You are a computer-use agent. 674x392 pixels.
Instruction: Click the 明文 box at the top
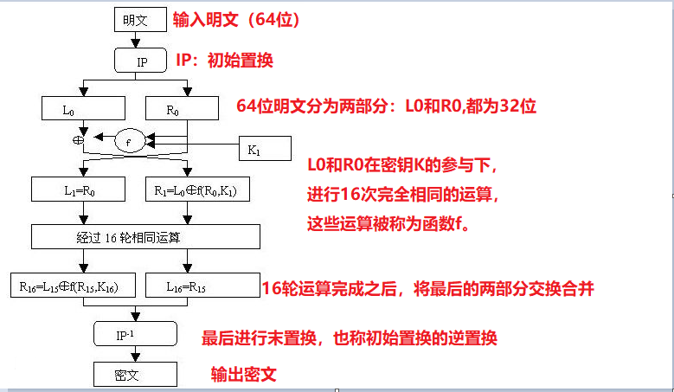[x=135, y=18]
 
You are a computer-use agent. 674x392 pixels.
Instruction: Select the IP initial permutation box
[x=144, y=61]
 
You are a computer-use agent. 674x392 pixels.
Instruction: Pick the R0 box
[x=185, y=108]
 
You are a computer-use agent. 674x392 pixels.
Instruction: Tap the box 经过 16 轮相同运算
[x=145, y=236]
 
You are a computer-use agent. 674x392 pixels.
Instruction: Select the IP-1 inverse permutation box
[x=135, y=333]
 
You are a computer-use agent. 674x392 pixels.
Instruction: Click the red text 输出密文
[x=245, y=374]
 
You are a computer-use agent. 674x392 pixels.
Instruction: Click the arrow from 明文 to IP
[x=135, y=39]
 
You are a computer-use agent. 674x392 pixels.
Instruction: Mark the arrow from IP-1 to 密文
[x=135, y=353]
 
